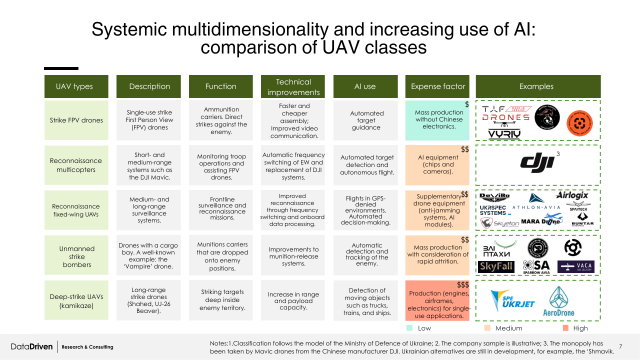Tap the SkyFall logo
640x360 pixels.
click(496, 266)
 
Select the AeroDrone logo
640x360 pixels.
click(558, 301)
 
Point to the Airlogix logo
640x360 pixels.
click(572, 195)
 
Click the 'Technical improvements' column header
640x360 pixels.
click(293, 86)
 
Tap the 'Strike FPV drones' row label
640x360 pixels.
click(76, 120)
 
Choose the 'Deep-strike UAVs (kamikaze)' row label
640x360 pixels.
click(76, 300)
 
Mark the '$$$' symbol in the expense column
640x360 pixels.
click(462, 284)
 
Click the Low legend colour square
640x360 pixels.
click(409, 328)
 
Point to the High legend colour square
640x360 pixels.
click(565, 328)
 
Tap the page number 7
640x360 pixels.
click(620, 346)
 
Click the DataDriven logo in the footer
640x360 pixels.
click(32, 346)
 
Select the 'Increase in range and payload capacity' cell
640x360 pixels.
click(293, 301)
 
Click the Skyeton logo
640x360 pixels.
click(499, 223)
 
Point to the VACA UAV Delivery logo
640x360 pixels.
click(575, 266)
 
